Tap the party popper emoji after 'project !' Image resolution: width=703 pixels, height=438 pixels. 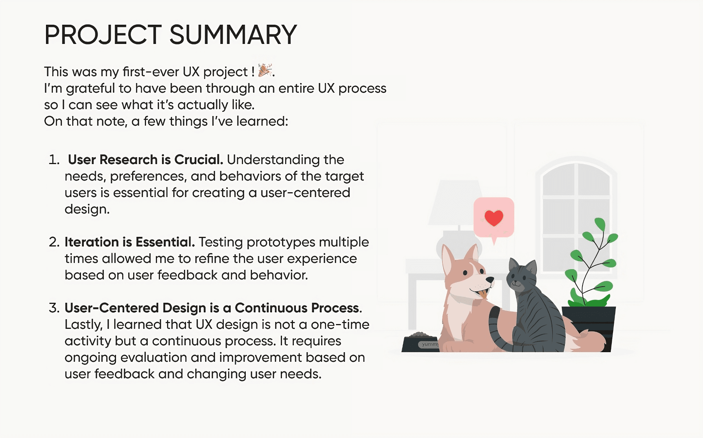tap(265, 70)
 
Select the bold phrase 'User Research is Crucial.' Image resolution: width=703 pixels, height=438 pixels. tap(146, 160)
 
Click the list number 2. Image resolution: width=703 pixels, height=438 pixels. tap(54, 242)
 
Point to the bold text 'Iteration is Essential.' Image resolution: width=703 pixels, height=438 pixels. tap(130, 242)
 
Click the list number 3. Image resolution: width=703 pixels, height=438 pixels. tap(54, 308)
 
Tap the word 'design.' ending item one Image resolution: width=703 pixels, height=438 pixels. tap(87, 209)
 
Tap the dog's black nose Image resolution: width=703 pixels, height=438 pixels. tap(490, 280)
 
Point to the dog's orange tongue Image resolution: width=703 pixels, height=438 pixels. tap(483, 294)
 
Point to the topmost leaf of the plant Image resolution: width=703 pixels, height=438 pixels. tap(600, 224)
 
